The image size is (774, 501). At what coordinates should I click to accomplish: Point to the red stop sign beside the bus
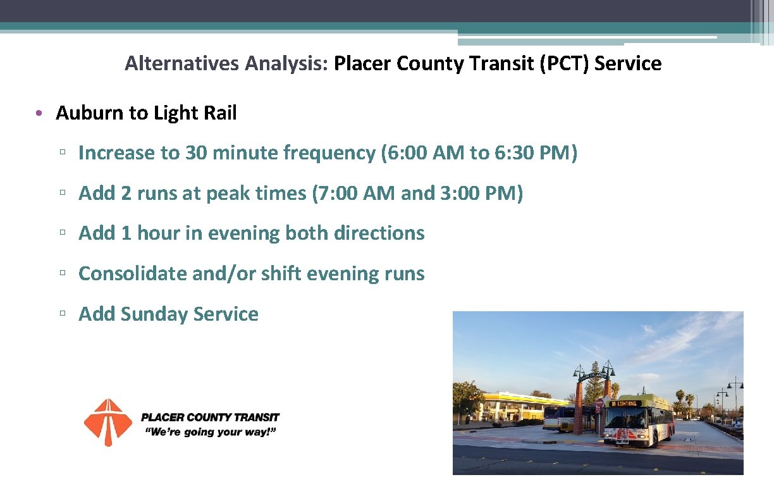[599, 403]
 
